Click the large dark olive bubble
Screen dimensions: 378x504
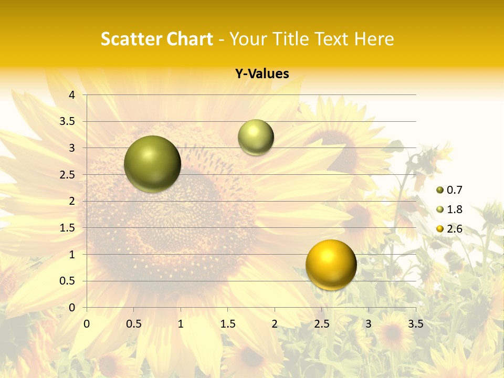[x=152, y=164]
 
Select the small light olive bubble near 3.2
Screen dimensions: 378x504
[x=256, y=137]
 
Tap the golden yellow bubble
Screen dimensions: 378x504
[x=331, y=265]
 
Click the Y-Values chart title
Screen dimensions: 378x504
[x=261, y=74]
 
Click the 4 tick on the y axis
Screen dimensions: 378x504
[x=72, y=95]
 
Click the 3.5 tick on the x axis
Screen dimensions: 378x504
[x=415, y=324]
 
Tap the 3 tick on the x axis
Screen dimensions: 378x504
[x=369, y=324]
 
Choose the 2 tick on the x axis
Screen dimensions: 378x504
[x=275, y=324]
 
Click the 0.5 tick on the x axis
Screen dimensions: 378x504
[x=134, y=324]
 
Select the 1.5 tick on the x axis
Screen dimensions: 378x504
[x=227, y=324]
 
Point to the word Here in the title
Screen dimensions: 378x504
[x=374, y=39]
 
